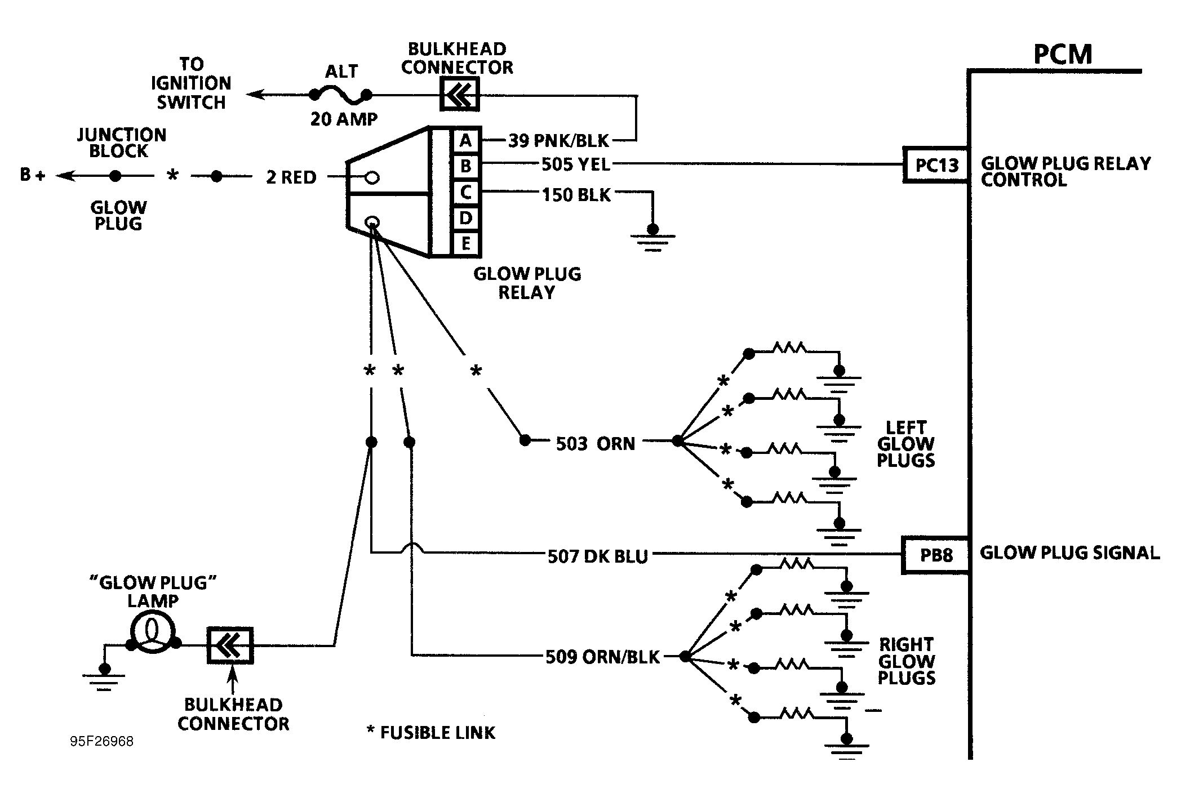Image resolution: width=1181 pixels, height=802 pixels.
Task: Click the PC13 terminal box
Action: pos(936,165)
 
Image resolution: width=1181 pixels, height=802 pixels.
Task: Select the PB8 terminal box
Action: pos(936,555)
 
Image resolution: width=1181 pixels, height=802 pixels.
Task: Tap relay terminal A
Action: pos(465,140)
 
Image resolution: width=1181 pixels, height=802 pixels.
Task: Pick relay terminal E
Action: pos(465,244)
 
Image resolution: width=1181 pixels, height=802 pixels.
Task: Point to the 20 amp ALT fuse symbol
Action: pos(341,96)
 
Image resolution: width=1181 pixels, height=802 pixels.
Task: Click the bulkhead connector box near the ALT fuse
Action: pos(459,94)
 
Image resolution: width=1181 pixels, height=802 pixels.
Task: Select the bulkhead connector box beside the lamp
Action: pos(230,645)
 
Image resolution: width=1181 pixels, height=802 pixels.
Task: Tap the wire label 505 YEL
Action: pos(575,164)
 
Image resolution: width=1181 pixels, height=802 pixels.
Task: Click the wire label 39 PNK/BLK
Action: pos(558,140)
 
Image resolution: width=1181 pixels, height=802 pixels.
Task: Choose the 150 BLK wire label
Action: pos(576,195)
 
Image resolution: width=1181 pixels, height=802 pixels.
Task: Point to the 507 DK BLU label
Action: pos(598,556)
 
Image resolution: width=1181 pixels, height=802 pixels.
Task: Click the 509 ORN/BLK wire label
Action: pos(602,657)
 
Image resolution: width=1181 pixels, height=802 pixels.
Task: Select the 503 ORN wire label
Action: pos(595,444)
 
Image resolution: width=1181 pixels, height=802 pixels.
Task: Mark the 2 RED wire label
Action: pos(291,177)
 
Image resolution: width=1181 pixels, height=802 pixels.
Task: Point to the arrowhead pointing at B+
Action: pos(65,176)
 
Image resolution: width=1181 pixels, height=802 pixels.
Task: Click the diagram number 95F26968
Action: pos(102,741)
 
